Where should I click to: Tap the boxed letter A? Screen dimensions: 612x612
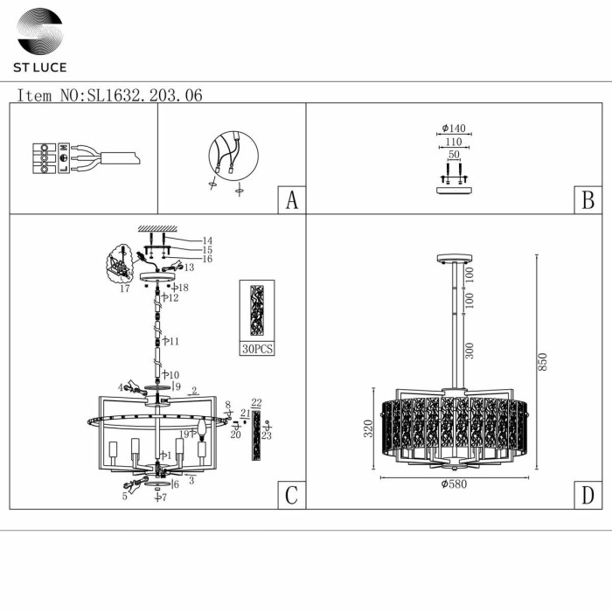[292, 201]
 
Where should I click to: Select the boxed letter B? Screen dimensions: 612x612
[588, 201]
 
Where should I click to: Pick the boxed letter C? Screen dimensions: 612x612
[292, 496]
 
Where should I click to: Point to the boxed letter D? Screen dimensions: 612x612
[588, 496]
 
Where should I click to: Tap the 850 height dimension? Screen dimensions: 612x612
[542, 361]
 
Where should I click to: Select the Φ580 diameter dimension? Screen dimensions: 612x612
[455, 484]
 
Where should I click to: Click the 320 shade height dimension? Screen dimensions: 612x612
[369, 428]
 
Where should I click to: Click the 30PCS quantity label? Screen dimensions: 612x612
[256, 348]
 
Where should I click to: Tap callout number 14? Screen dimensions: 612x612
[207, 240]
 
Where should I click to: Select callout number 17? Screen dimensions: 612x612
[125, 288]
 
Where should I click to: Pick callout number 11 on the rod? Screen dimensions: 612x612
[174, 341]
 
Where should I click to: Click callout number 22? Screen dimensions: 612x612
[256, 403]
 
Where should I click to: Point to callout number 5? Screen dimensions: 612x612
[125, 496]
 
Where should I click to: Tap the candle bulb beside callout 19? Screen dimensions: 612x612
[203, 428]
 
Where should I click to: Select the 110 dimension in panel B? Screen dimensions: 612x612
[452, 143]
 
